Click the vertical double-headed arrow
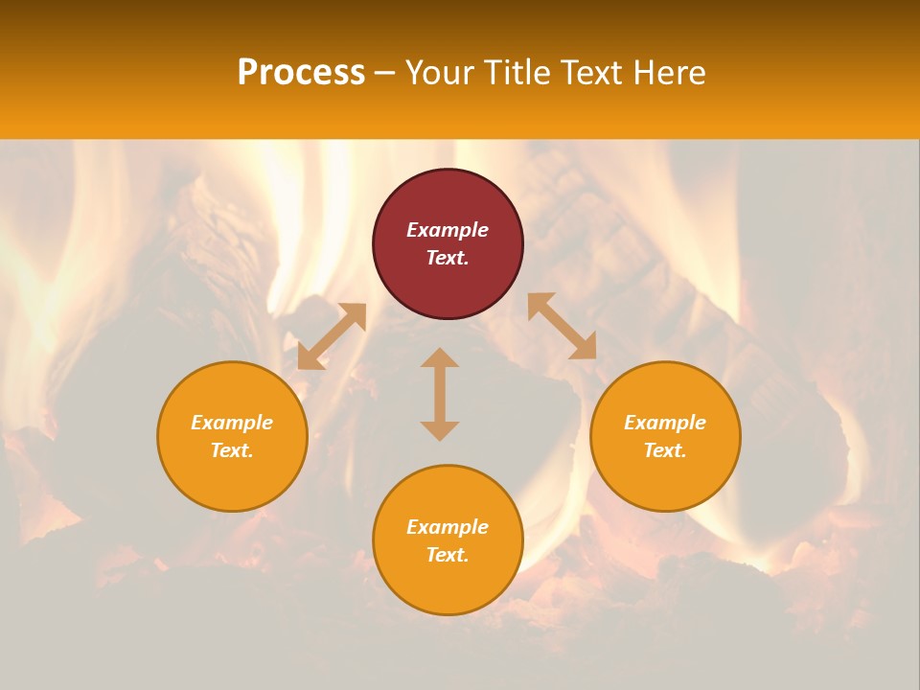point(440,394)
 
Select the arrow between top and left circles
point(332,336)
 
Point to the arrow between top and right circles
point(562,326)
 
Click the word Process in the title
point(301,73)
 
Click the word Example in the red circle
point(448,230)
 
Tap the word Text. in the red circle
point(448,258)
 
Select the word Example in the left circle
point(232,423)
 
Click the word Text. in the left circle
point(232,450)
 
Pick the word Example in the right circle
point(665,423)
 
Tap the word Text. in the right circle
point(665,450)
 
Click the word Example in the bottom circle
point(448,527)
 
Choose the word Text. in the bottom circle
point(448,555)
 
